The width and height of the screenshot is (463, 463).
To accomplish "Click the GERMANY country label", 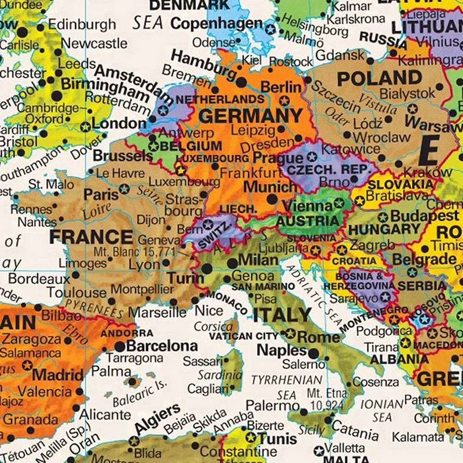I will click(250, 115).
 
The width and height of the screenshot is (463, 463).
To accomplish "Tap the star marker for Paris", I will click(124, 189).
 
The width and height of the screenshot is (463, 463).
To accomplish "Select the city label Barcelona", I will click(162, 346).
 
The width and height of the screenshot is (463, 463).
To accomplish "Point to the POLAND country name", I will click(379, 79).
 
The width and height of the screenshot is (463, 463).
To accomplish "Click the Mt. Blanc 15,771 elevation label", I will click(135, 252).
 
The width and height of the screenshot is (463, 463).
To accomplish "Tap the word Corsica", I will click(213, 327).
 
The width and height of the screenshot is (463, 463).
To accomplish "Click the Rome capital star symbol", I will click(290, 333).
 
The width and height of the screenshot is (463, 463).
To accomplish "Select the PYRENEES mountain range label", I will click(95, 309).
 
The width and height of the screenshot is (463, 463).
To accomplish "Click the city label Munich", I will click(271, 187).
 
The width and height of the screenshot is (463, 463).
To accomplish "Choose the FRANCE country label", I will click(92, 237).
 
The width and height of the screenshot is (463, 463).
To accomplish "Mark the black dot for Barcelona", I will click(120, 346).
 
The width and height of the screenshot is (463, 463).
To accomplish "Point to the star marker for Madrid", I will click(27, 365).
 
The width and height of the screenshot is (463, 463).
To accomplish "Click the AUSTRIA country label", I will click(308, 221).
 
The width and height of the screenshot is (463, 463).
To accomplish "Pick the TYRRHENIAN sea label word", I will click(286, 380).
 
